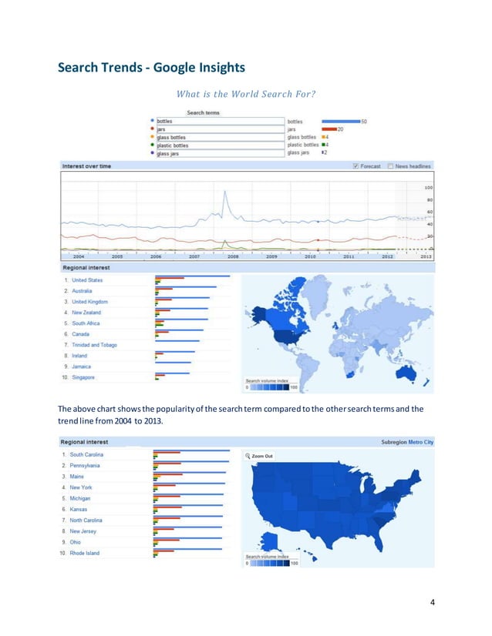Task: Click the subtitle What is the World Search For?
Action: pos(246,95)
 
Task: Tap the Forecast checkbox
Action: pos(356,166)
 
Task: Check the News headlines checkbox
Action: pos(392,166)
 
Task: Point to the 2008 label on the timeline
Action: pos(232,256)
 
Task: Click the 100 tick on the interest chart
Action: pos(428,187)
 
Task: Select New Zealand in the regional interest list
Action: pos(86,313)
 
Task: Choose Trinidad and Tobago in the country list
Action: pos(94,345)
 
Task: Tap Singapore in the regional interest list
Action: pos(83,377)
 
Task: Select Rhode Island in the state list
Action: pos(84,553)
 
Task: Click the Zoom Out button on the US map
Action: pos(260,456)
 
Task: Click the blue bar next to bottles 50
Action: pos(340,122)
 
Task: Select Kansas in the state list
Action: pos(79,510)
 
